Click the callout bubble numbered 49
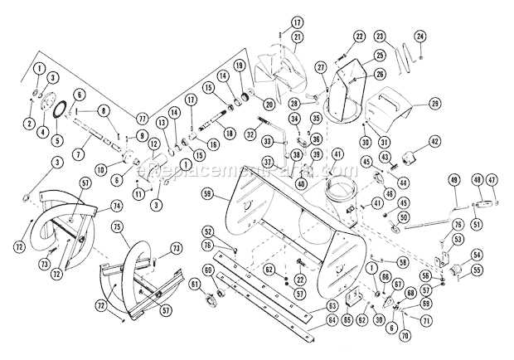pos(453,180)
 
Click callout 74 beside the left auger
pos(116,205)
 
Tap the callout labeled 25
pos(357,56)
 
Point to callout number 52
pos(208,231)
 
